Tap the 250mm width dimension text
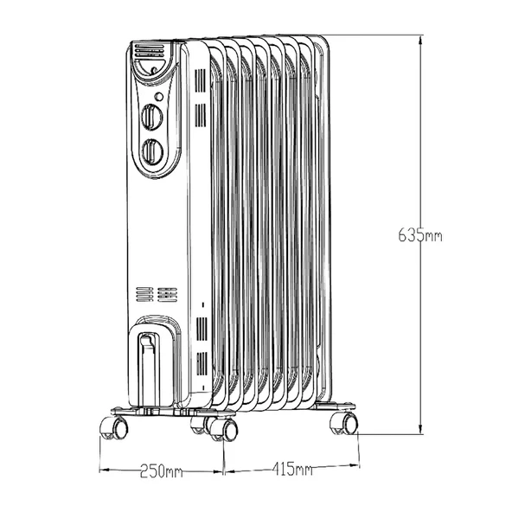[162, 470]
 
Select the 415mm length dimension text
[291, 470]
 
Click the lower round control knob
[152, 151]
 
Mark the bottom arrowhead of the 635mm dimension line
[420, 435]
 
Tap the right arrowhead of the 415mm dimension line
[355, 470]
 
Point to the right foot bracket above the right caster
[333, 407]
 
